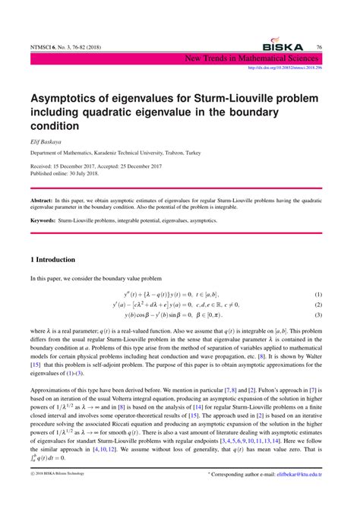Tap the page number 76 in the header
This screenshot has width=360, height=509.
coord(319,47)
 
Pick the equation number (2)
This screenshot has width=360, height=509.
coord(318,305)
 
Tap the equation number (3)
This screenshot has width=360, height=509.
coord(318,315)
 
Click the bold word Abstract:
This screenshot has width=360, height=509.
coord(46,194)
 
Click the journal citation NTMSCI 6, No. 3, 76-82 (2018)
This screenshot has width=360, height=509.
coord(69,47)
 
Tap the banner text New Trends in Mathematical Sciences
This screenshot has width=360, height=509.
coord(261,58)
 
